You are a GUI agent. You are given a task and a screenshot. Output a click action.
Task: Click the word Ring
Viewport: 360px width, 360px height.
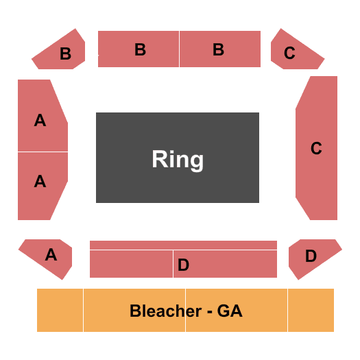coord(178,160)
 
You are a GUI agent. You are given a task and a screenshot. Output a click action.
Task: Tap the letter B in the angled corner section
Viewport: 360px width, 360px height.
coord(65,53)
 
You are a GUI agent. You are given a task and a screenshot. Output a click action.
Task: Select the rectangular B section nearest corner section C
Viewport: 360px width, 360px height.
coord(220,49)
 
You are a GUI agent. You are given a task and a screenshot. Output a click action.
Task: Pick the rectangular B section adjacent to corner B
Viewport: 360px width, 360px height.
coord(139,49)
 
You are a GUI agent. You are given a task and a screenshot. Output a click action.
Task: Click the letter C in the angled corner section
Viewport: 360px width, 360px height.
coord(289,53)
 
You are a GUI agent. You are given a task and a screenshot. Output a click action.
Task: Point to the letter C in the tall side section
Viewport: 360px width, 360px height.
coord(316,148)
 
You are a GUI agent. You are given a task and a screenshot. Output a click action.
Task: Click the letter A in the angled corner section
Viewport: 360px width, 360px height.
coord(51,254)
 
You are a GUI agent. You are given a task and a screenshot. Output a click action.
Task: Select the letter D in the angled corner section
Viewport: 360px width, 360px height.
coord(311,256)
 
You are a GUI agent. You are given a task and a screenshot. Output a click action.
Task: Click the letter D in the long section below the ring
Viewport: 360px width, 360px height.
coord(184,265)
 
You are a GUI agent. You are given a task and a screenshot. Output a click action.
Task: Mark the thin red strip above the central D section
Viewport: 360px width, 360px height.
coord(183,245)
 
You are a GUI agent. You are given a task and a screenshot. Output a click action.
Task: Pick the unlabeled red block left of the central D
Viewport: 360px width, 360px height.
coord(131,264)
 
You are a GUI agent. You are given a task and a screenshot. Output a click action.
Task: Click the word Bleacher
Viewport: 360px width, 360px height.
coord(166,311)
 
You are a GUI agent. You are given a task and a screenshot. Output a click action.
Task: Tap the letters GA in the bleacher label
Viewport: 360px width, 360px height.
coord(230,311)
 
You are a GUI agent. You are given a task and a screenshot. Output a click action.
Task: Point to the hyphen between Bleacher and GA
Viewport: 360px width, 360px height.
coord(209,312)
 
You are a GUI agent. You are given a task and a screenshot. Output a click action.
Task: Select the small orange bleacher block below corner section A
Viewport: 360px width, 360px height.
coord(60,310)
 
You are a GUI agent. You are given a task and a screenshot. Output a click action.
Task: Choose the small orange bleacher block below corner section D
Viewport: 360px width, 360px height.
coord(311,310)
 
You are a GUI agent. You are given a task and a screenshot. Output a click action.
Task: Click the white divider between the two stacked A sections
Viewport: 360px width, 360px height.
coord(43,152)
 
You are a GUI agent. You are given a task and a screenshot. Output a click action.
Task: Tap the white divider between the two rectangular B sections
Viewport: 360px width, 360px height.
coord(179,49)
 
